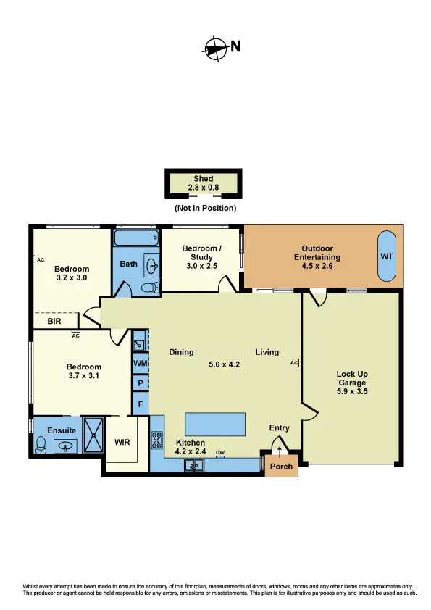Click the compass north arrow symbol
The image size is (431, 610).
[215, 48]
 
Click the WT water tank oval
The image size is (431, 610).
[388, 257]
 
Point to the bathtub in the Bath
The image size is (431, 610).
[137, 238]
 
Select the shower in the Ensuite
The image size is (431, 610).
[93, 434]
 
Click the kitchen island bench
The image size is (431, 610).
[214, 422]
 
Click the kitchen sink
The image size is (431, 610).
[194, 466]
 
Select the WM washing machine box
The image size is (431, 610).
[140, 362]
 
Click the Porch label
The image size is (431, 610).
[281, 466]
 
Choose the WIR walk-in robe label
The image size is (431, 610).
[122, 441]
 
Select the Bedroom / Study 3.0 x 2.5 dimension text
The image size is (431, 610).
[201, 266]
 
